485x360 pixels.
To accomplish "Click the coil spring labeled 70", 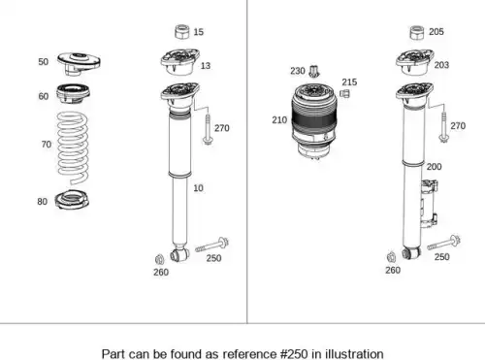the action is click(x=73, y=147).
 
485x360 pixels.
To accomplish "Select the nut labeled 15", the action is click(x=182, y=32).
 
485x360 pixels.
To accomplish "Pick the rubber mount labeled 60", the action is click(x=73, y=93).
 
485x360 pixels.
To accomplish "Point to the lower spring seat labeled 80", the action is click(x=72, y=200).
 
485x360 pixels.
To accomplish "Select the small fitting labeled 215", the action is click(x=344, y=93).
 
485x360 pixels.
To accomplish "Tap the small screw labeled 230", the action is click(x=313, y=72).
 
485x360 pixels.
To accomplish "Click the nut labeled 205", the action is click(x=417, y=33).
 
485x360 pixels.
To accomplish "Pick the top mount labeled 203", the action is click(x=415, y=62).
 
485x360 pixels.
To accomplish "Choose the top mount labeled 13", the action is click(x=179, y=62).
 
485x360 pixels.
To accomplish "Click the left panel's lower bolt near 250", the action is click(x=212, y=245).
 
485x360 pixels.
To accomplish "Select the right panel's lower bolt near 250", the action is click(x=443, y=243).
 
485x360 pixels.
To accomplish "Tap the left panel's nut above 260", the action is click(x=159, y=259).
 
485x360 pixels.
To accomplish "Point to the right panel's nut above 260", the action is click(x=391, y=257).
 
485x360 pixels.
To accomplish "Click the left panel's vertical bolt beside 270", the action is click(x=208, y=129).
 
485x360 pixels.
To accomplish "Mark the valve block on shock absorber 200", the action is click(x=429, y=204).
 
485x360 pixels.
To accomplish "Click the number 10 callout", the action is click(x=198, y=188).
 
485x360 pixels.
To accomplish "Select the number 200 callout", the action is click(x=434, y=167).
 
